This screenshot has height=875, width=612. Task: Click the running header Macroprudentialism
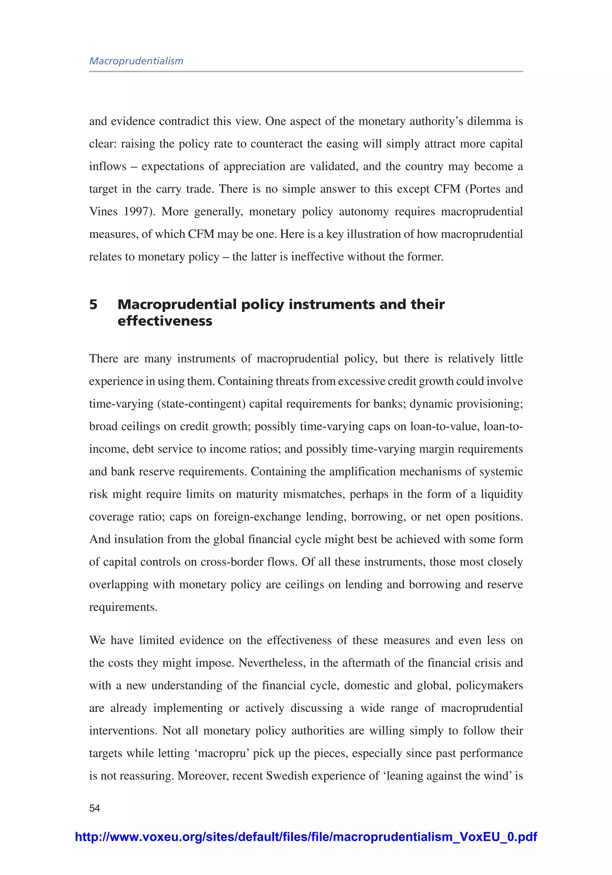click(136, 61)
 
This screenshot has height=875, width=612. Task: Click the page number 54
click(94, 808)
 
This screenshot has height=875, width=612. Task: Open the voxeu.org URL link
click(306, 836)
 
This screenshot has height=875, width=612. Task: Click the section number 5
click(94, 304)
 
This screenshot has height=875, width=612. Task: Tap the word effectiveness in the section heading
click(165, 321)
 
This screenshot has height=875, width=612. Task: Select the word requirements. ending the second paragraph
click(123, 607)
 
